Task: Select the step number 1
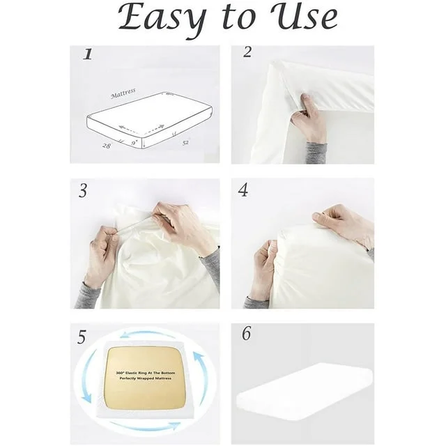pos(88,54)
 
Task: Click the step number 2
pos(247,52)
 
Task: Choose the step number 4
pos(243,190)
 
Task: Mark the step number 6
pos(246,334)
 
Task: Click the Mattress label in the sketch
pos(123,94)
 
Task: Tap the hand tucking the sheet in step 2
pos(309,121)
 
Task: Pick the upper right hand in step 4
pos(341,223)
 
